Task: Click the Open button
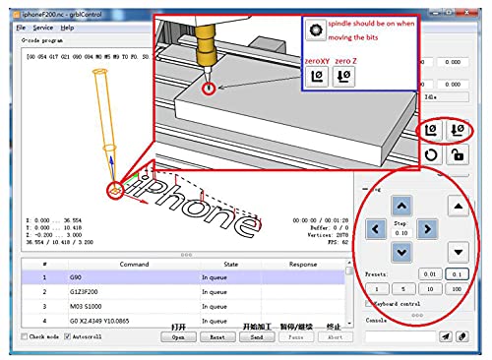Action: (x=178, y=336)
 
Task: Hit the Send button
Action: (x=256, y=336)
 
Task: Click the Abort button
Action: (x=334, y=336)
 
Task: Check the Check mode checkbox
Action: (x=25, y=336)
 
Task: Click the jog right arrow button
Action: (x=426, y=229)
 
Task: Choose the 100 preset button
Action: (x=456, y=289)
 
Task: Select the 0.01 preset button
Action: (x=428, y=273)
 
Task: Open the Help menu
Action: (x=68, y=28)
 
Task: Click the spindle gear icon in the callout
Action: (x=315, y=31)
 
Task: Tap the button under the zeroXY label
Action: (x=318, y=77)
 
